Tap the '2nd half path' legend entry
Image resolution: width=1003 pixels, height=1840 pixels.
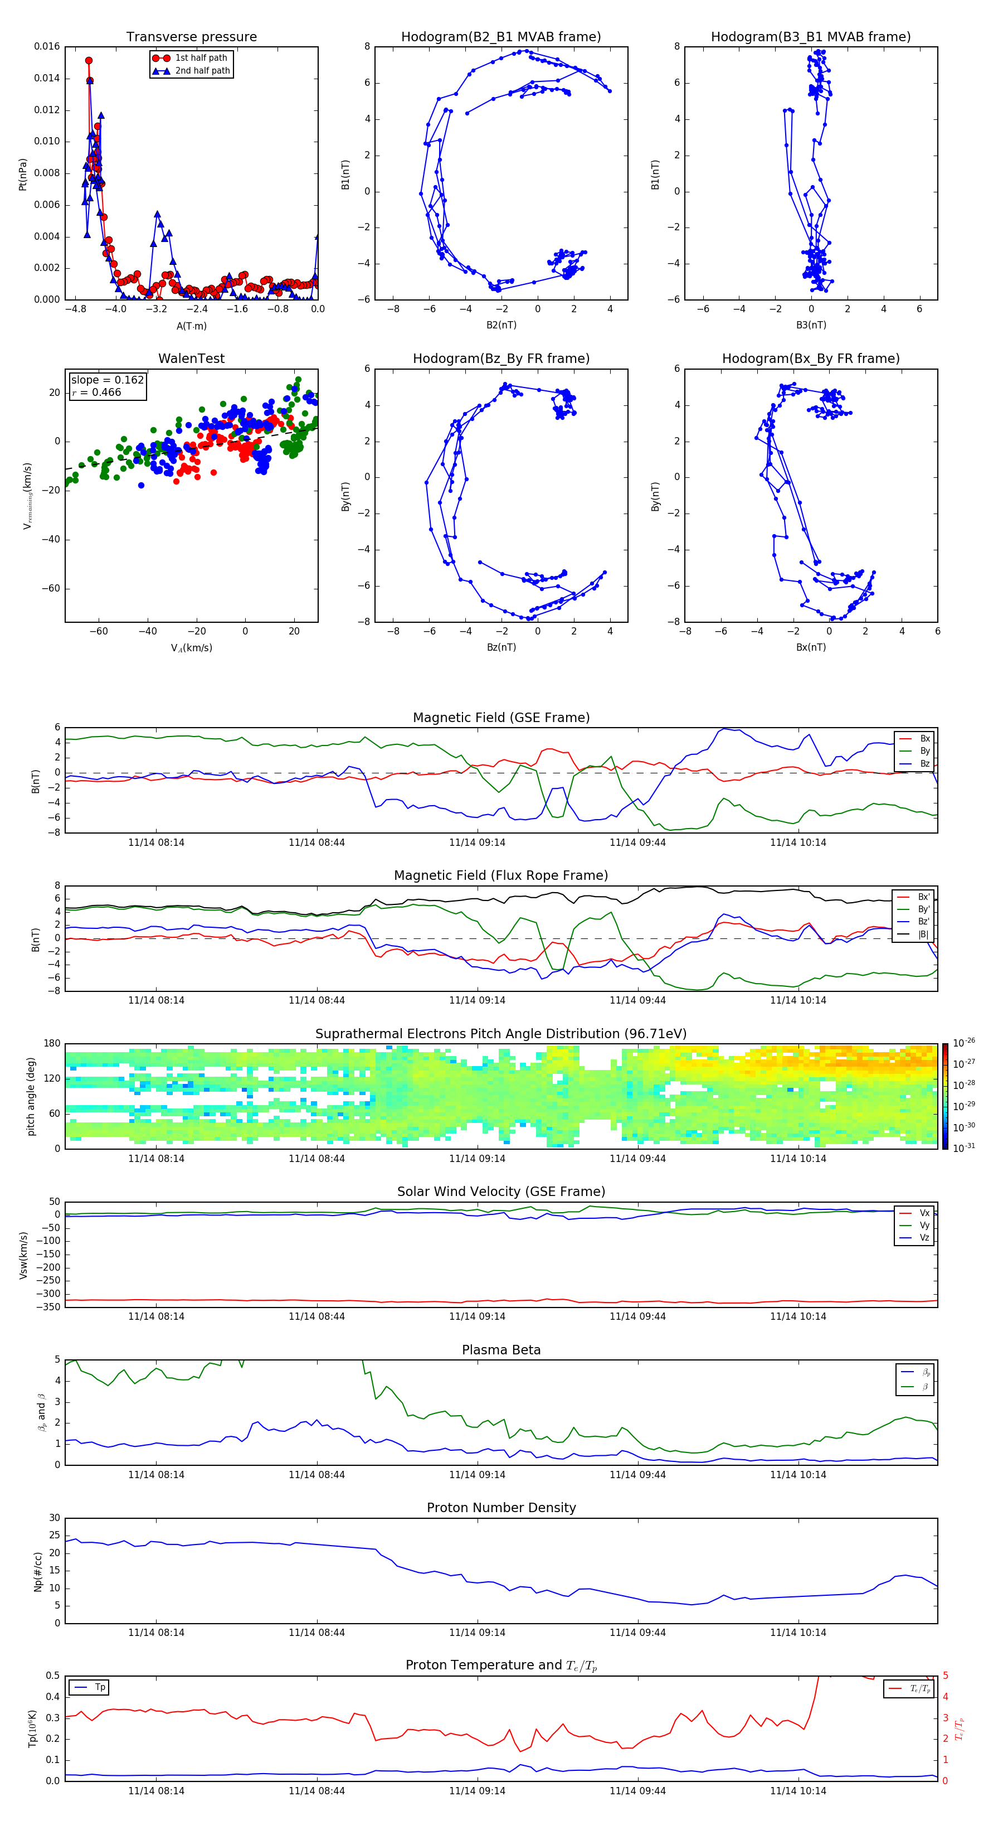202,71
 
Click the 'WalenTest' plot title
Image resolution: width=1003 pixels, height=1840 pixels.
191,359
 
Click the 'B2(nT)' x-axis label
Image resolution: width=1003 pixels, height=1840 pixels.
501,325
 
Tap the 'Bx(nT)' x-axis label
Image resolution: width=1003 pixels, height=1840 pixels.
810,647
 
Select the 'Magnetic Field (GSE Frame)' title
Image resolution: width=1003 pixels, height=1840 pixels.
501,718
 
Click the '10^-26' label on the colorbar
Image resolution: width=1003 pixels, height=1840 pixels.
964,1043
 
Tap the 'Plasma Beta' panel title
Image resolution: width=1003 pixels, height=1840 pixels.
501,1350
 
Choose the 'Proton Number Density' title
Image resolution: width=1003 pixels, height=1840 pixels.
501,1508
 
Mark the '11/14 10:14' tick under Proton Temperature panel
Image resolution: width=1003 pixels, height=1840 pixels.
797,1791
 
